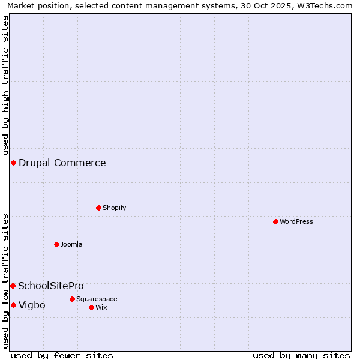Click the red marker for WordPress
click(275, 221)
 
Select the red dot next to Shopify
click(98, 208)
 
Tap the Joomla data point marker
click(56, 244)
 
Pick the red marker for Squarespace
click(72, 299)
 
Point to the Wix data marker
click(91, 307)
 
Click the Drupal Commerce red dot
click(13, 163)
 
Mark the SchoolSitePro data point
click(13, 286)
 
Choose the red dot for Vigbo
click(13, 305)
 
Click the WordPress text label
click(296, 221)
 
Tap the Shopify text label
click(114, 208)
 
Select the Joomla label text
click(71, 244)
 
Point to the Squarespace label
click(97, 299)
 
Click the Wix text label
click(101, 307)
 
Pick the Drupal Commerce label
click(62, 163)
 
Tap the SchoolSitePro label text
click(51, 286)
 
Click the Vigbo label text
click(32, 305)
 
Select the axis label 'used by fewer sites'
click(62, 355)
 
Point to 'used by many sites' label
click(301, 355)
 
